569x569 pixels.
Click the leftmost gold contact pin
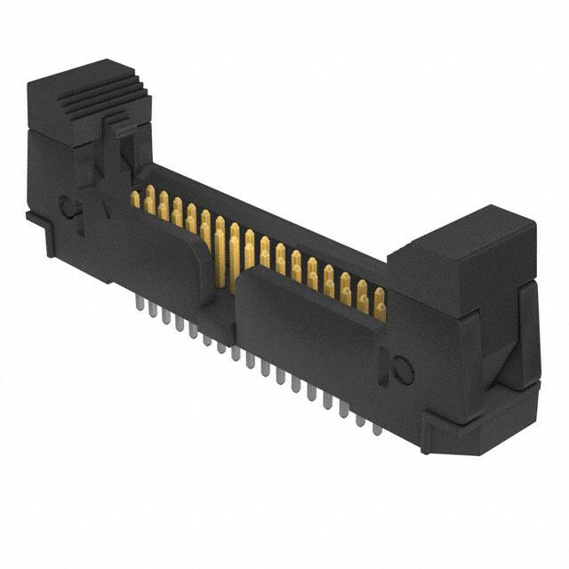[136, 199]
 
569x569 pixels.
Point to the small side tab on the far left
[32, 218]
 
